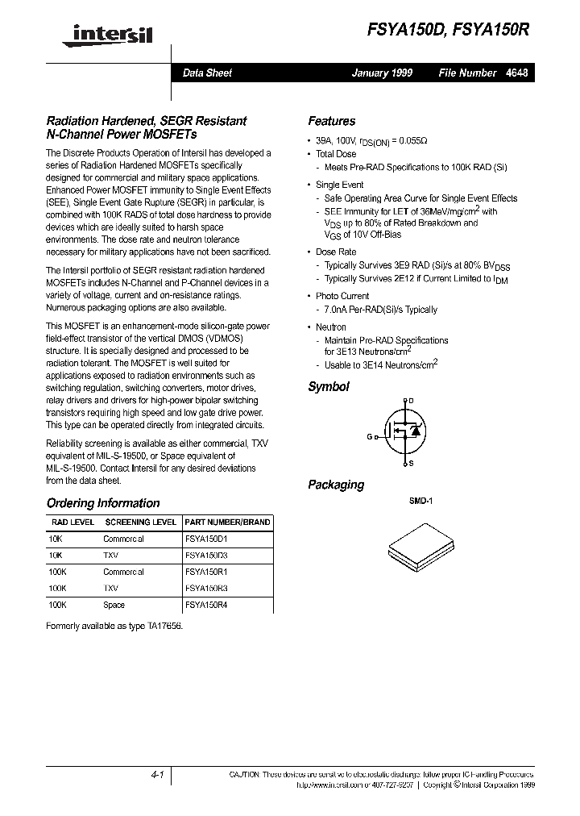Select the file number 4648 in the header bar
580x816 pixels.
pyautogui.click(x=517, y=73)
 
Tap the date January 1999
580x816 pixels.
pyautogui.click(x=382, y=73)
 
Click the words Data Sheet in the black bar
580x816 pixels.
pyautogui.click(x=207, y=73)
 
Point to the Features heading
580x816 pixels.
pyautogui.click(x=331, y=121)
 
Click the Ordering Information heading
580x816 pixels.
pyautogui.click(x=103, y=503)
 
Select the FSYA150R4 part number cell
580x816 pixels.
pyautogui.click(x=206, y=605)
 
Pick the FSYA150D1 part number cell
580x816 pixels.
pyautogui.click(x=206, y=539)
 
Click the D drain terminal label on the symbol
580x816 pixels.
pyautogui.click(x=411, y=401)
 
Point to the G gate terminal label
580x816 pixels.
pyautogui.click(x=370, y=436)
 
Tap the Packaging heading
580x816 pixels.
pyautogui.click(x=336, y=485)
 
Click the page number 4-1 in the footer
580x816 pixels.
pyautogui.click(x=157, y=774)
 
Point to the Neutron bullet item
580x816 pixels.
pyautogui.click(x=331, y=327)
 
